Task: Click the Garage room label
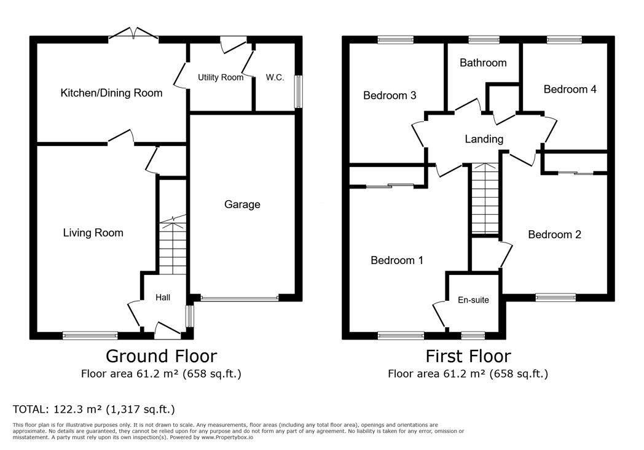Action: (x=242, y=204)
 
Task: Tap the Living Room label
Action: (x=93, y=233)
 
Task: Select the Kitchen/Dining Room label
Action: (x=111, y=93)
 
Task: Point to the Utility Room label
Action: (x=221, y=77)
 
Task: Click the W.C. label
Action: (x=275, y=77)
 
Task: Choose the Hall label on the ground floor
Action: (x=163, y=297)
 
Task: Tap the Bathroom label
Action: (x=483, y=63)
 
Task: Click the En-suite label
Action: (x=473, y=300)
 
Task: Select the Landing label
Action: (x=484, y=139)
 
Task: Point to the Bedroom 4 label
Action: (x=570, y=89)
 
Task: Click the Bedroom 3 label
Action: (x=390, y=96)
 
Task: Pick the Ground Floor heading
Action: (x=162, y=356)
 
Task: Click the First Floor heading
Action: (x=468, y=356)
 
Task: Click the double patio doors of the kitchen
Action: (x=133, y=34)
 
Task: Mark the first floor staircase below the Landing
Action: (x=485, y=198)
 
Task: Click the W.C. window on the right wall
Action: (x=299, y=92)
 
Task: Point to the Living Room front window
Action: (x=90, y=336)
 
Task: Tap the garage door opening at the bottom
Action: (x=240, y=298)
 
